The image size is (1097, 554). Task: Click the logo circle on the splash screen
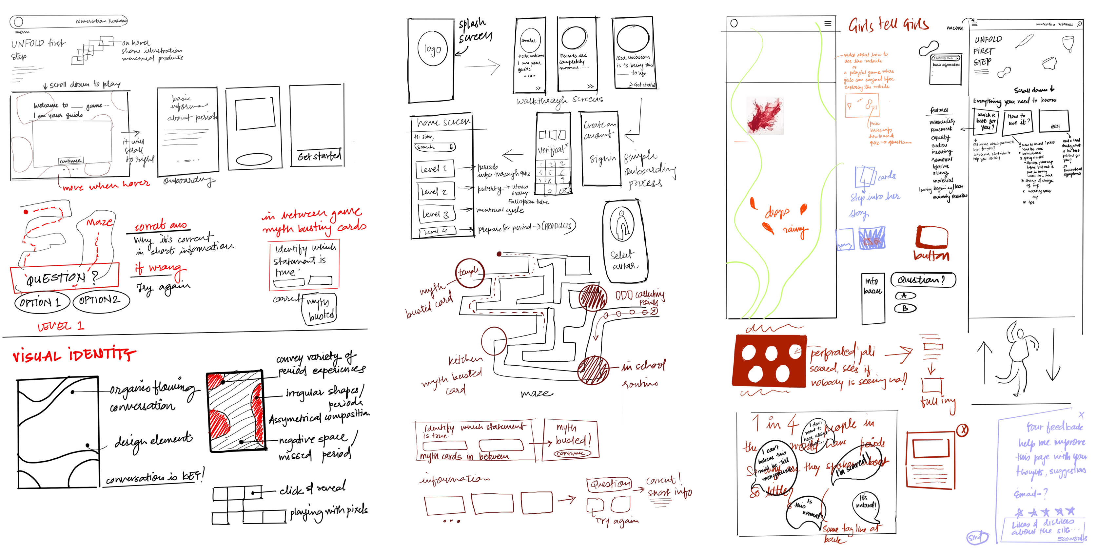432,50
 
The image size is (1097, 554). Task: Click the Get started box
319,156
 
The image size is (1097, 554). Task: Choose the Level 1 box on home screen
434,169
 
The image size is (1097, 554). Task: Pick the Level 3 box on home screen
434,214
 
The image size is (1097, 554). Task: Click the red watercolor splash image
765,116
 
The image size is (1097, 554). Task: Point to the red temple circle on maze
469,272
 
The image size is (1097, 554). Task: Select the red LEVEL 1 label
61,327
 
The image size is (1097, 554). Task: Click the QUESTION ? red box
64,279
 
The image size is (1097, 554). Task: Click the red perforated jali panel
769,361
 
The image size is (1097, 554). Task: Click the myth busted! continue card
571,440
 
